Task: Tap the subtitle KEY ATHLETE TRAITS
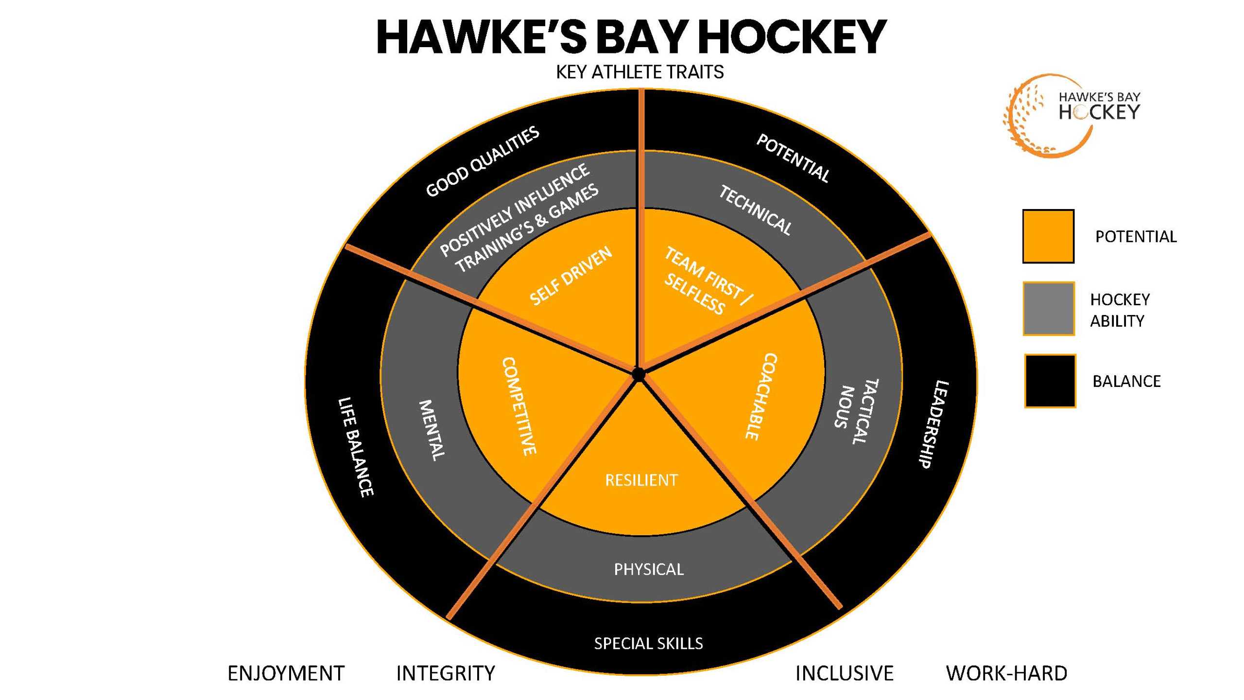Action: click(x=639, y=72)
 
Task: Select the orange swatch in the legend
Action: click(x=1048, y=236)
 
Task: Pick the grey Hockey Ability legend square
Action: click(x=1048, y=309)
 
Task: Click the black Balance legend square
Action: click(x=1050, y=381)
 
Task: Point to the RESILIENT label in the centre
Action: click(x=641, y=480)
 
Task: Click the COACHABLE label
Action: click(x=761, y=396)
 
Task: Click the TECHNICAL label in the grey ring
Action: click(x=755, y=210)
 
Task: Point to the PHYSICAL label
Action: click(x=649, y=569)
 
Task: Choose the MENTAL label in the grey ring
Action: click(x=432, y=430)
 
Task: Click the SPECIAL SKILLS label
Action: click(x=648, y=644)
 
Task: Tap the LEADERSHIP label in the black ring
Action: click(x=933, y=424)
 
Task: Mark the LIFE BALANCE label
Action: click(x=356, y=447)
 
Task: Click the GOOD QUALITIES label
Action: click(x=483, y=161)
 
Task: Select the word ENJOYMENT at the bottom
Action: click(x=286, y=673)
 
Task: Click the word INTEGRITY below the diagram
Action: click(x=446, y=673)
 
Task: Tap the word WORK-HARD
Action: click(x=1006, y=673)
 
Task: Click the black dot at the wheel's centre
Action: click(x=638, y=374)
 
